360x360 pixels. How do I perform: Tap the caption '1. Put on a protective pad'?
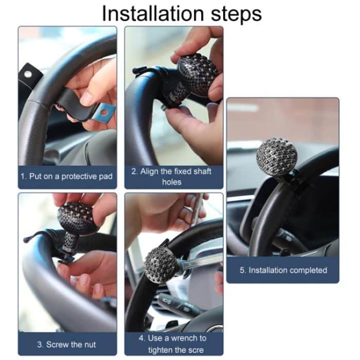pyautogui.click(x=67, y=176)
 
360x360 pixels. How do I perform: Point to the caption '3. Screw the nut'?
pyautogui.click(x=67, y=344)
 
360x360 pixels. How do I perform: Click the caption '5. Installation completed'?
pyautogui.click(x=283, y=270)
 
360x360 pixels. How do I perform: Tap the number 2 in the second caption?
pyautogui.click(x=134, y=171)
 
